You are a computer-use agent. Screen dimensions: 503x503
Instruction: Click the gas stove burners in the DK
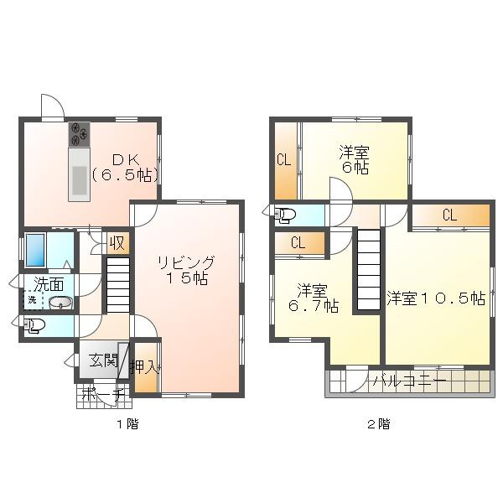tap(79, 134)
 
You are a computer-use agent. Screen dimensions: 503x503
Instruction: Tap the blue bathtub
tap(35, 250)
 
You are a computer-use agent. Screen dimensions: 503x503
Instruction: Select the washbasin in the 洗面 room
tap(60, 303)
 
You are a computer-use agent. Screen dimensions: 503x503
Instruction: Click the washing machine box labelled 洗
tap(33, 300)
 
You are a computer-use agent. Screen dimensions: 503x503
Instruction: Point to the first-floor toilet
tap(34, 325)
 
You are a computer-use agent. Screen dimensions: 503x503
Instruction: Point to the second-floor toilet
tap(285, 215)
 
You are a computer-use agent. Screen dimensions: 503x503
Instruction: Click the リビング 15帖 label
tap(186, 271)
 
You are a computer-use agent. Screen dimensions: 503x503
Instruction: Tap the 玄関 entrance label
tap(103, 360)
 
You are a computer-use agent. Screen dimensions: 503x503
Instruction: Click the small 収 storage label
tap(117, 243)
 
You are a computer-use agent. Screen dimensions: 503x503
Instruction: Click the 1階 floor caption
tap(127, 424)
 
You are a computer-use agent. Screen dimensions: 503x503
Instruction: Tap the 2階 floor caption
tap(379, 424)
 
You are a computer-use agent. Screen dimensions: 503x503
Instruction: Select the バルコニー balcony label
tap(410, 381)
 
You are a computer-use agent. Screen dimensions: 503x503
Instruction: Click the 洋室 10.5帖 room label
tap(436, 298)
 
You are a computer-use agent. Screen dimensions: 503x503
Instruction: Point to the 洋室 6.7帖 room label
tap(314, 298)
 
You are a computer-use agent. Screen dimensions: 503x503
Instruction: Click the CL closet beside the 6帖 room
tap(284, 160)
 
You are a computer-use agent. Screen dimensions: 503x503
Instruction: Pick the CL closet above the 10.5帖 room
tap(450, 215)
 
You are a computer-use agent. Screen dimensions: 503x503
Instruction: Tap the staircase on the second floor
tap(369, 269)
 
